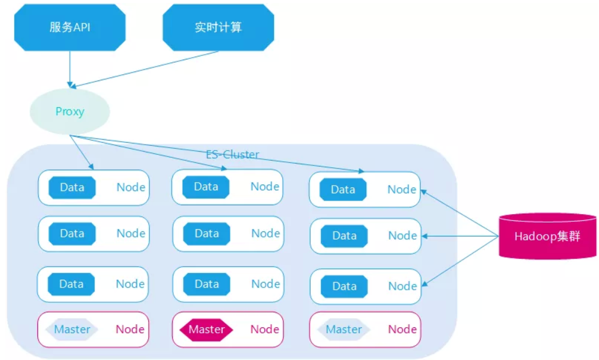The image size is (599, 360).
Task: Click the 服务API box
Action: coord(70,27)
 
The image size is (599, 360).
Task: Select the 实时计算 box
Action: coord(218,27)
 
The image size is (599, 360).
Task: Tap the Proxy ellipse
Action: coord(70,112)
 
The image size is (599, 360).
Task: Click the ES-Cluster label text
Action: coord(232,155)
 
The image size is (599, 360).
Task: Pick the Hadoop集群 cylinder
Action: coord(547,236)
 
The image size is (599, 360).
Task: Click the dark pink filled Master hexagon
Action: coord(207,329)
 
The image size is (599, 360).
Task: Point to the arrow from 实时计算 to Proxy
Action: coord(149,68)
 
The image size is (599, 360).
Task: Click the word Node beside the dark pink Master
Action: coord(265,329)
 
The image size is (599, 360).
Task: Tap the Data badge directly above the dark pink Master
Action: coord(207,284)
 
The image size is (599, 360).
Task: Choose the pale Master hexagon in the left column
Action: coord(73,329)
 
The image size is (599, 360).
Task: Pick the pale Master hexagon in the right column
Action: coord(344,329)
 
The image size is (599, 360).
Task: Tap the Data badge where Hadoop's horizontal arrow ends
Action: coord(344,236)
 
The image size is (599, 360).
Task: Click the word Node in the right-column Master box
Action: coord(403,329)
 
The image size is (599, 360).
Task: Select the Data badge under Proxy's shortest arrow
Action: coord(72,187)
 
